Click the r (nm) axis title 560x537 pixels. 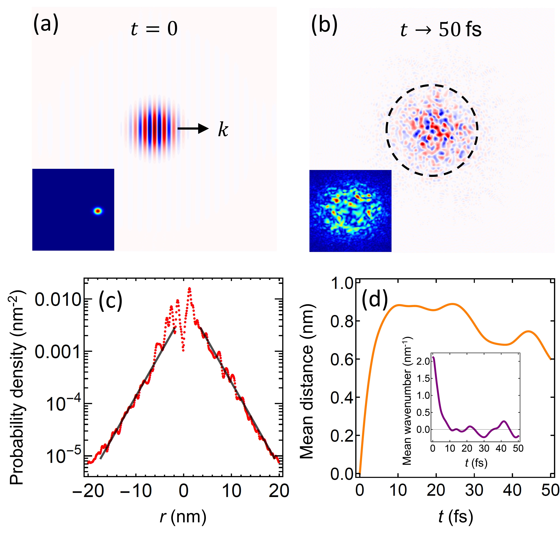(x=183, y=516)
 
